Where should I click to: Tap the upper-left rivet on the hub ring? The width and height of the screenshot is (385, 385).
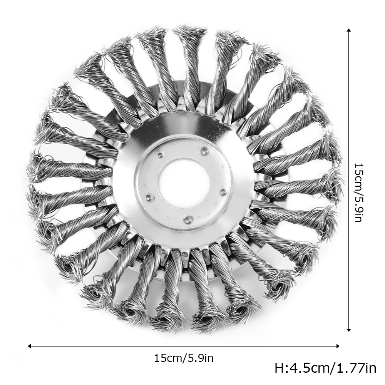tap(160, 155)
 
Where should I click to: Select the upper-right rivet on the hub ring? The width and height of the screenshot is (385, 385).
tap(203, 151)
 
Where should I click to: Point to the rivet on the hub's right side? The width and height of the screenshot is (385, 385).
tap(223, 192)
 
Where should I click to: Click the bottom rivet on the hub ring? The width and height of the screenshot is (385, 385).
tap(188, 219)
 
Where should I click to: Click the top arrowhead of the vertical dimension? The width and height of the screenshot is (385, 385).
tap(349, 30)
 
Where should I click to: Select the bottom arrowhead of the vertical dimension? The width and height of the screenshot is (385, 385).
tap(349, 330)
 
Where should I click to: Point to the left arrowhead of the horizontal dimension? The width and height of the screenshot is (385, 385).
tap(30, 346)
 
